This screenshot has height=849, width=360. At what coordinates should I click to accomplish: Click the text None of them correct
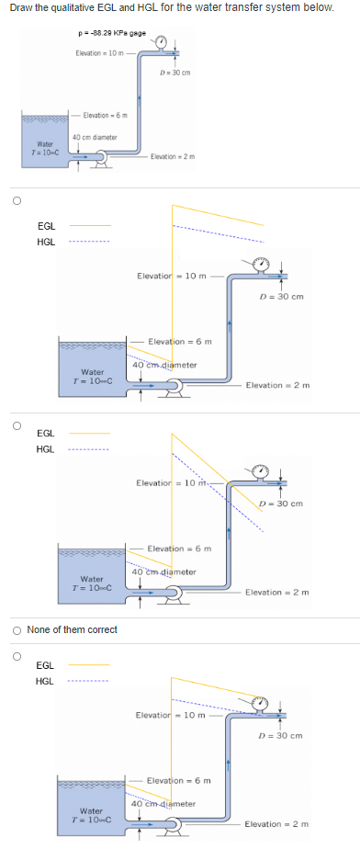pyautogui.click(x=73, y=629)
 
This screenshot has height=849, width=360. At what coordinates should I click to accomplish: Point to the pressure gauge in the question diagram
pyautogui.click(x=162, y=42)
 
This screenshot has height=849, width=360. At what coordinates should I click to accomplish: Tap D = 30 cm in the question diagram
pyautogui.click(x=174, y=73)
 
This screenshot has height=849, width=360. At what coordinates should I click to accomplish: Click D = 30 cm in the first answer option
pyautogui.click(x=281, y=297)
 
